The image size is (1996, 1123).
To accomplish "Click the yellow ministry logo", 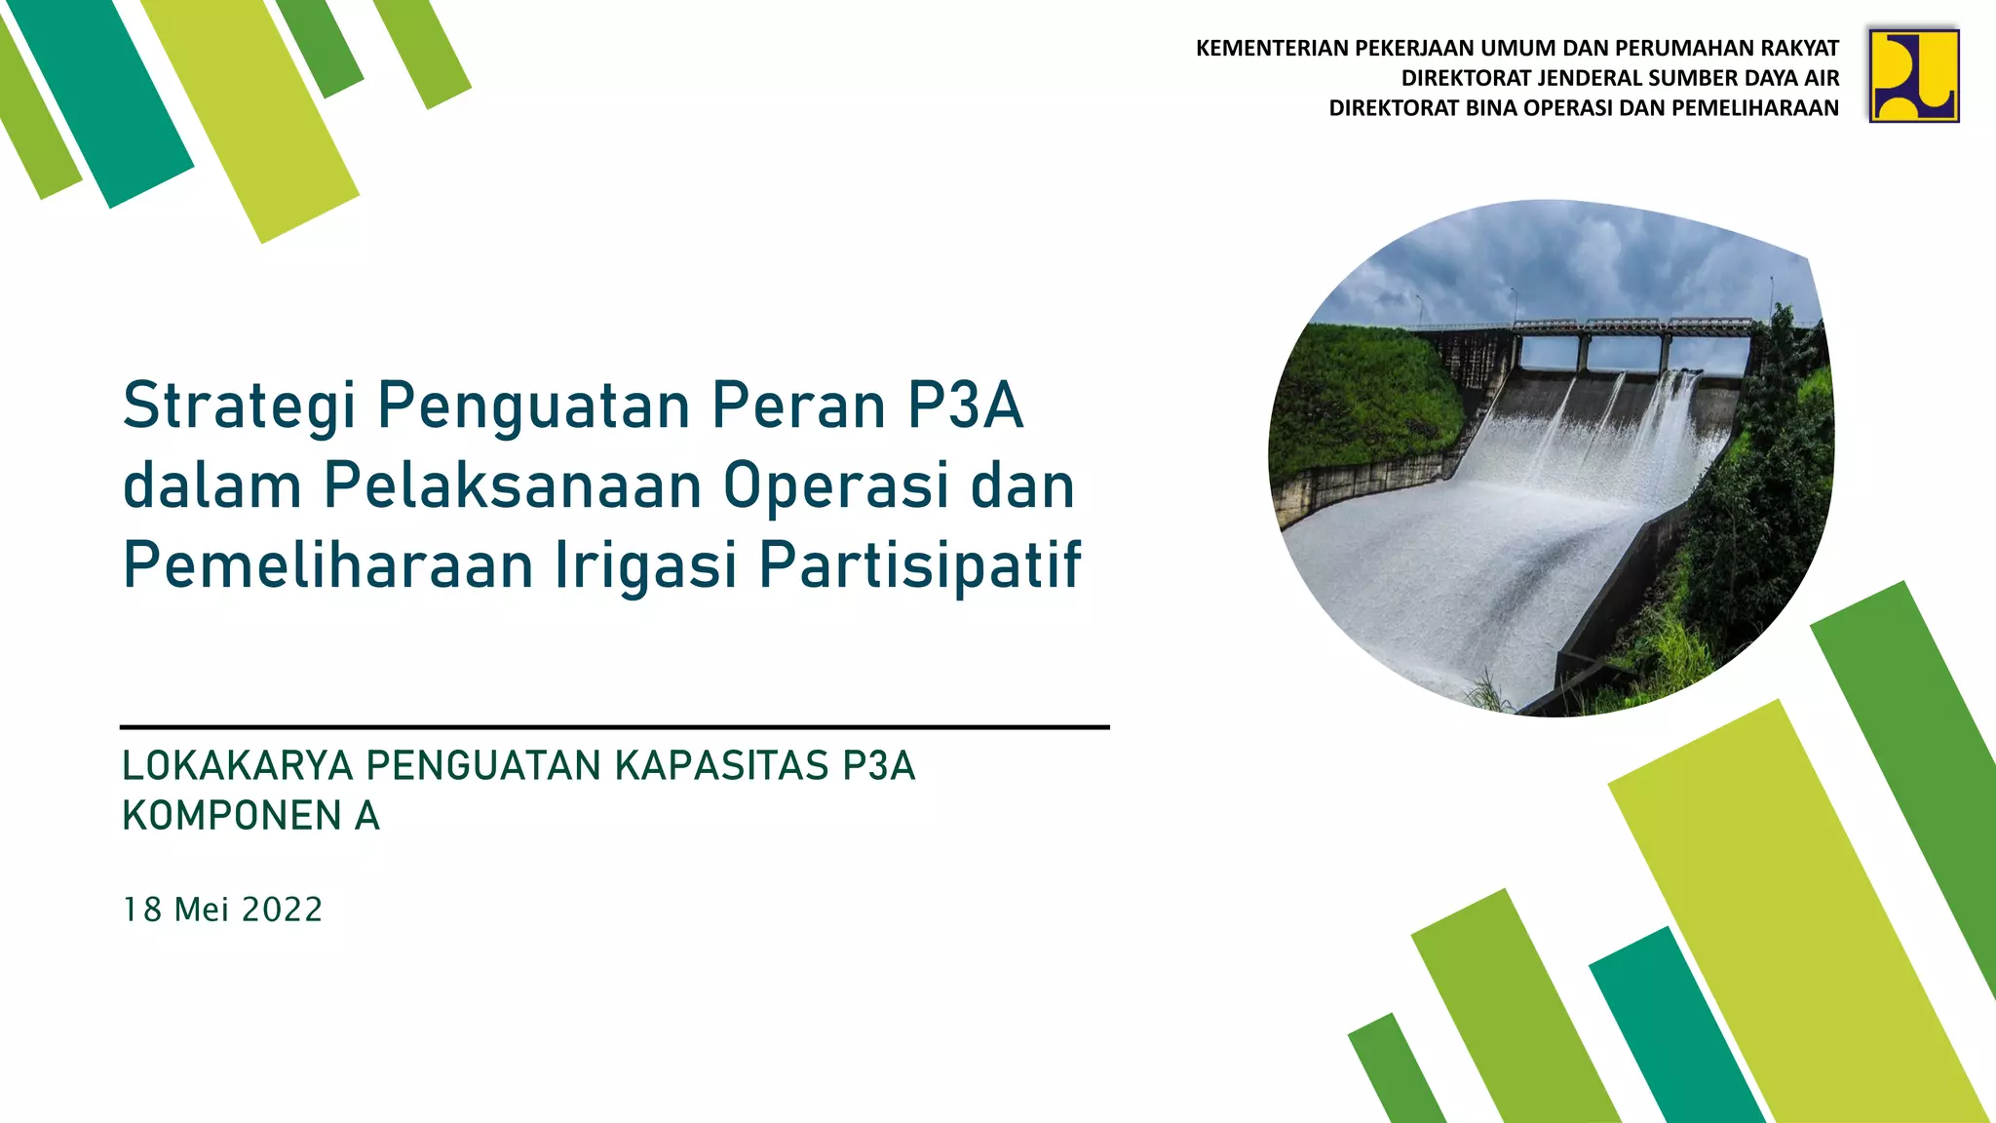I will coord(1913,75).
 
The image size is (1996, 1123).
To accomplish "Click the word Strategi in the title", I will coord(239,407).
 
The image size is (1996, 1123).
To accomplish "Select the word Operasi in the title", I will coord(835,485).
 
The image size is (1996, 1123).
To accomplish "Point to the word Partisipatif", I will coord(919,565).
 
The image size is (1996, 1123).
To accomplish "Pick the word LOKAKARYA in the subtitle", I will coord(237,766).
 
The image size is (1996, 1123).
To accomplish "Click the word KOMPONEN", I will coord(231,816).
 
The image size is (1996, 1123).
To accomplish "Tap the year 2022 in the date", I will coord(282,910).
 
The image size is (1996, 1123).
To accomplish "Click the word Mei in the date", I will coord(201,910).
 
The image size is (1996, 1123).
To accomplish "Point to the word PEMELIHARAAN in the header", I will coord(1755,108).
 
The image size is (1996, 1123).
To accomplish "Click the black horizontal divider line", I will coord(614,727).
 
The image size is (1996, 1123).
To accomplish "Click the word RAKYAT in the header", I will coord(1801,48).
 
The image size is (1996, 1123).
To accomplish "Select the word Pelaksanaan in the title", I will coord(512,485).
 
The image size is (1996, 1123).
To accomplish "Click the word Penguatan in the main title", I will coord(534,407).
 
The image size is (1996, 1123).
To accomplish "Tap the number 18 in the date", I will coord(141,910).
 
